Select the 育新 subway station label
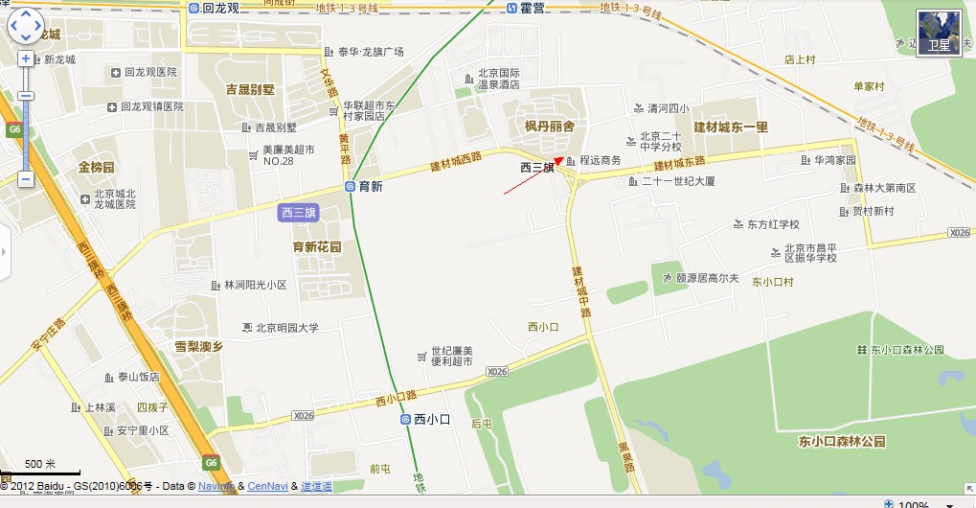pos(369,187)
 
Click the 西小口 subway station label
pos(431,419)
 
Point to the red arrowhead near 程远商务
pos(559,161)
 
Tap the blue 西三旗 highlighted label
pos(299,213)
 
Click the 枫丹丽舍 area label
pos(550,127)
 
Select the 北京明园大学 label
pos(286,328)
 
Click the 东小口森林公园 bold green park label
pos(842,442)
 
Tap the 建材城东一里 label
pos(731,127)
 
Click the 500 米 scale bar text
pos(40,465)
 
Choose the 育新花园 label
pos(317,246)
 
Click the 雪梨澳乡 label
pos(198,346)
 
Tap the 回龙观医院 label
pos(150,72)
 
